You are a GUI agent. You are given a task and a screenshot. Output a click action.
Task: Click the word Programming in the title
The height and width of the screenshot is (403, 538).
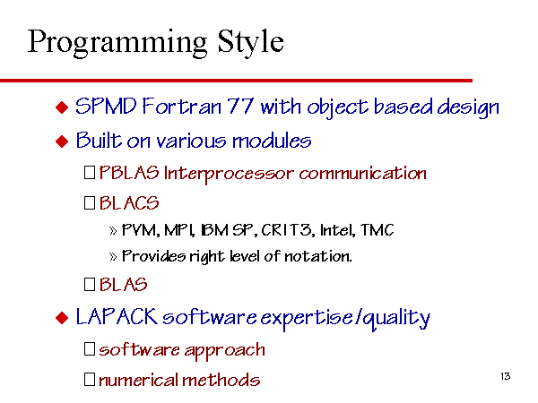(117, 44)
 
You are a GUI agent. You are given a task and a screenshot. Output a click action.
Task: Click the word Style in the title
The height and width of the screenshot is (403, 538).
(251, 43)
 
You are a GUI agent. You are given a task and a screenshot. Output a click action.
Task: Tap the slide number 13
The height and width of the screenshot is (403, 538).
(506, 376)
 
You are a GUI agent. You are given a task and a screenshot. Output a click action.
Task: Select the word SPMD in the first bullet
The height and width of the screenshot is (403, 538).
(106, 106)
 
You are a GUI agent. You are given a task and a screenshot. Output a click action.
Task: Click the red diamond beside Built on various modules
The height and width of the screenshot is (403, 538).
(62, 141)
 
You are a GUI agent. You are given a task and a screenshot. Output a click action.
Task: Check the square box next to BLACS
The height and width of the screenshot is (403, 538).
(90, 202)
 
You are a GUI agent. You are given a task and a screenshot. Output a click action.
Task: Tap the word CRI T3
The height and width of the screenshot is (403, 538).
(288, 230)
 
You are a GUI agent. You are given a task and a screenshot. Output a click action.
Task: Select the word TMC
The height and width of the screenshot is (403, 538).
(377, 230)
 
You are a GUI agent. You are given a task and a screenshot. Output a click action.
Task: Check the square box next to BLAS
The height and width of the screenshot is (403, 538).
(90, 284)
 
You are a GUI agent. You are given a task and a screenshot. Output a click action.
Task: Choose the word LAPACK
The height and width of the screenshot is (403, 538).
(117, 316)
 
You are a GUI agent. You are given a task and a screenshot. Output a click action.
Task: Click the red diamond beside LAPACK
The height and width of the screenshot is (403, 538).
(62, 318)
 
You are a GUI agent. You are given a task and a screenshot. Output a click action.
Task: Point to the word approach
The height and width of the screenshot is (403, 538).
(225, 351)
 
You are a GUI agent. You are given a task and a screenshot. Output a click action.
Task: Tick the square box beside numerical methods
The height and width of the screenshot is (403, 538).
(90, 380)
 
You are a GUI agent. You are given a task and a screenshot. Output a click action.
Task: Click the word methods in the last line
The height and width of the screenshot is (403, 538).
(221, 380)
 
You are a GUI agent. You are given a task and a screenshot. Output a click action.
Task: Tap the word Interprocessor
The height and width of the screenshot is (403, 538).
(229, 174)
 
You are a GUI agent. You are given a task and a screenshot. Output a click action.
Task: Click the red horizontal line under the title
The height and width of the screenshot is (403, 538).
(236, 81)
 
